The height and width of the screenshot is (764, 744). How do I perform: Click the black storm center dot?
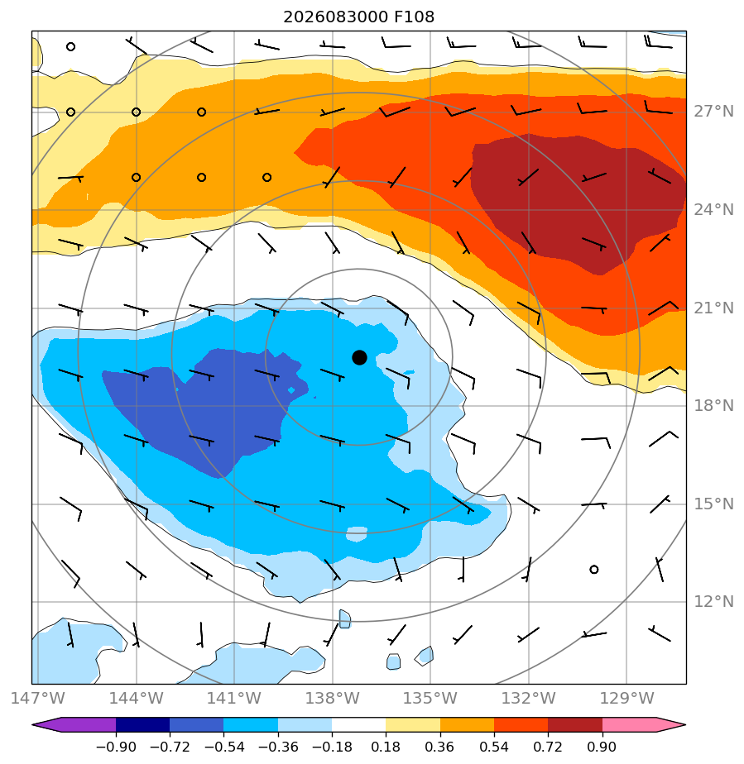pyautogui.click(x=359, y=358)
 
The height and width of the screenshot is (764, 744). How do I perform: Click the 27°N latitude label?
pyautogui.click(x=713, y=112)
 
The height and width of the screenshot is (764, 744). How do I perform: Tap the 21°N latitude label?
pyautogui.click(x=713, y=308)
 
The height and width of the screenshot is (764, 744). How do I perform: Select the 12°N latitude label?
pyautogui.click(x=713, y=602)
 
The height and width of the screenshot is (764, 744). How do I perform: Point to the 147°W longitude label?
pyautogui.click(x=37, y=698)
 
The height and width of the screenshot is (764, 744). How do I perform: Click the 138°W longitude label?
pyautogui.click(x=333, y=698)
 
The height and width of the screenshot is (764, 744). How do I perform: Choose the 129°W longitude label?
pyautogui.click(x=626, y=698)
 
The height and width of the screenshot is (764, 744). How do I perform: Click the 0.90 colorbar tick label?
pyautogui.click(x=602, y=747)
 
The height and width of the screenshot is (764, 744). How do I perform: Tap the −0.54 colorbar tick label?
pyautogui.click(x=223, y=747)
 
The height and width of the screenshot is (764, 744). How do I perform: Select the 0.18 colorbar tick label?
pyautogui.click(x=386, y=747)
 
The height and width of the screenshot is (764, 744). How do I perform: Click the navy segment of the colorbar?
pyautogui.click(x=143, y=724)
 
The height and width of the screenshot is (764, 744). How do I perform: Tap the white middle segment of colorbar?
pyautogui.click(x=359, y=724)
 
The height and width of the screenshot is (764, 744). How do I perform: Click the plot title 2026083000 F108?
pyautogui.click(x=359, y=17)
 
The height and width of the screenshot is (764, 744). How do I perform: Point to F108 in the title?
pyautogui.click(x=414, y=17)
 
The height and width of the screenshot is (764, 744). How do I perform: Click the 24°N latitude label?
pyautogui.click(x=713, y=209)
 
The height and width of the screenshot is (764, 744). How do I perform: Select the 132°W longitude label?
pyautogui.click(x=529, y=698)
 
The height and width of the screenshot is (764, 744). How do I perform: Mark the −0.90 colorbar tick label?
pyautogui.click(x=116, y=747)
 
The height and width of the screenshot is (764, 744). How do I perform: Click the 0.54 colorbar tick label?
pyautogui.click(x=494, y=747)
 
